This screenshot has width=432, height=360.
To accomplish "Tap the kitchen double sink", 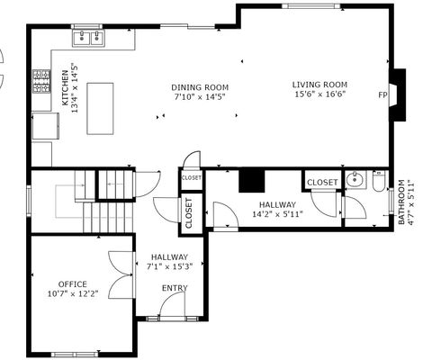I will click(88, 37).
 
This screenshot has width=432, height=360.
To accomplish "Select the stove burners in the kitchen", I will click(41, 82).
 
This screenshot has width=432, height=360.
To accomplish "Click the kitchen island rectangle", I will click(101, 108).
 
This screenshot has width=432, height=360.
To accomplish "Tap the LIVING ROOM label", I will click(319, 84).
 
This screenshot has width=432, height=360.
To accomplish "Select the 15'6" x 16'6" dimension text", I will click(319, 94).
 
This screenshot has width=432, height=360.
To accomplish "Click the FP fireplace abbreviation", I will click(382, 94).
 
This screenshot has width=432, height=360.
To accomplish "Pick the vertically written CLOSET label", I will click(189, 214).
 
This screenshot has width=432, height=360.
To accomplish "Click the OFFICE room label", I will click(73, 283).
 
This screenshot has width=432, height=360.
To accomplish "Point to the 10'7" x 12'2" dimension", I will click(73, 293).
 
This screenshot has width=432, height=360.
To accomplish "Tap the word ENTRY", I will click(175, 288).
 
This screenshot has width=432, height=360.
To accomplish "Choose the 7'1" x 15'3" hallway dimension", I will click(171, 265).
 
